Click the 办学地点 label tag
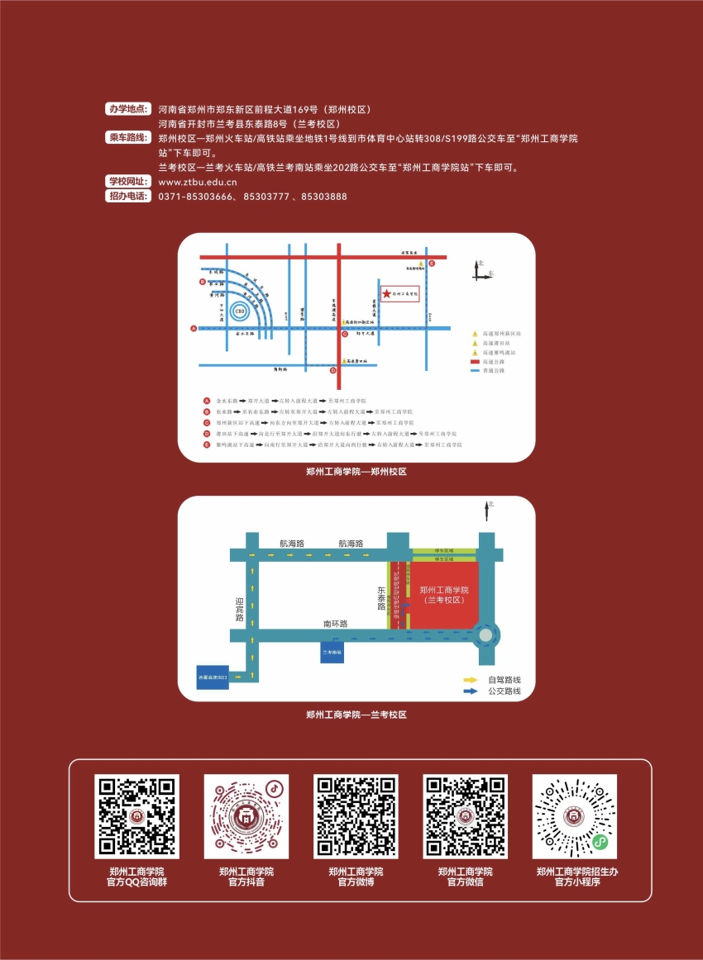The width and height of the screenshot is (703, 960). (129, 109)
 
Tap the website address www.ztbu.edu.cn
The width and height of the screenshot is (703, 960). (198, 183)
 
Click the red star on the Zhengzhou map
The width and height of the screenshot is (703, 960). (386, 294)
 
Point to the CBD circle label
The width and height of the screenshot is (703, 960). (240, 311)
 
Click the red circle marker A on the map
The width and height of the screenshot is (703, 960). (194, 328)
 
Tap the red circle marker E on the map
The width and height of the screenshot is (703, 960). (432, 263)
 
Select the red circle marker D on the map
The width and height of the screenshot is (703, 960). (333, 370)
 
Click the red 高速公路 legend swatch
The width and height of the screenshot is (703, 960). (475, 361)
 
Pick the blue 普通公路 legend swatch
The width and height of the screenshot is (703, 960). (475, 371)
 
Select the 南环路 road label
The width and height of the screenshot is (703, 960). (335, 624)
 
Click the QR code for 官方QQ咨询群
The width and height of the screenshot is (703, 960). (136, 816)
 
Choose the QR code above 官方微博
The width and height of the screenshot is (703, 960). (356, 816)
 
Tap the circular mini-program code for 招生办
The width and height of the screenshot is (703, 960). (575, 816)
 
